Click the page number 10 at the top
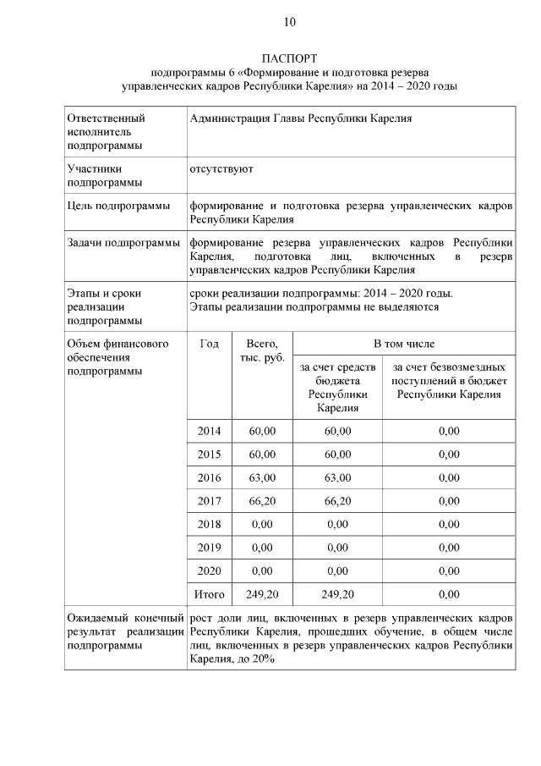pos(289,21)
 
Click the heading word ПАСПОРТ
pos(289,58)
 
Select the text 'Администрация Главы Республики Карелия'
pos(300,118)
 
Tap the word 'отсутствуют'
pos(221,169)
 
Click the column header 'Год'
pos(209,344)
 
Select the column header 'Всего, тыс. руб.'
pos(262,350)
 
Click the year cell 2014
pos(209,431)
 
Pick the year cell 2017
pos(209,501)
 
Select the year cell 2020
pos(209,571)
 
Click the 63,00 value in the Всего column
pos(262,477)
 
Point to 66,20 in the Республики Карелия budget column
pos(337,501)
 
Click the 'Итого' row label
pos(209,594)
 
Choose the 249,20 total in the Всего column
pos(262,594)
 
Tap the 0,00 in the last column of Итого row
pos(449,594)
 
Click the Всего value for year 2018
pos(262,524)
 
